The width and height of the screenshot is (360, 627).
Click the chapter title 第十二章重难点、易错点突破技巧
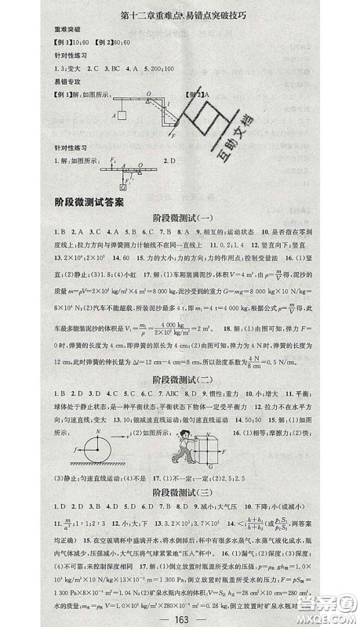(x=179, y=13)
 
